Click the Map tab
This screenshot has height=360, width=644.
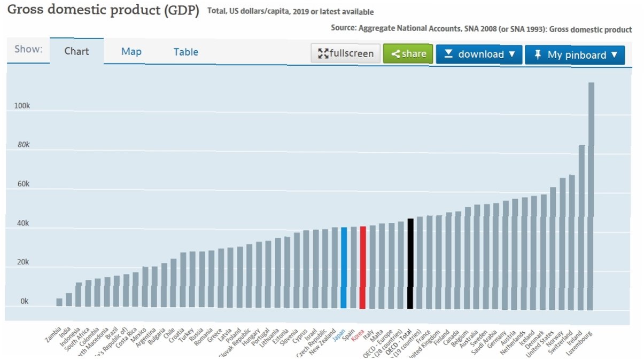pos(131,52)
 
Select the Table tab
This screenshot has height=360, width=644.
pos(185,52)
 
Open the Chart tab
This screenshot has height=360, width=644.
pos(76,52)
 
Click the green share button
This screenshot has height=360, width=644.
pos(408,54)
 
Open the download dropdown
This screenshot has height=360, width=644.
pos(479,54)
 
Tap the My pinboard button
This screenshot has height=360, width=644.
pos(575,55)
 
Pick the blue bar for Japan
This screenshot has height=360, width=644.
pos(344,267)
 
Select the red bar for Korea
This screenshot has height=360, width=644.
pos(362,267)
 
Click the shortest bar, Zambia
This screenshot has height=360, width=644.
pos(59,302)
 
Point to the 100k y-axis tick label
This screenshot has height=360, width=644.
pos(22,106)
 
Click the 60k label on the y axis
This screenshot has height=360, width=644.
pos(24,184)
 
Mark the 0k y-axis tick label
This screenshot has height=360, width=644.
pos(25,301)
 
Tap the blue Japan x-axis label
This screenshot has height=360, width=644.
pos(339,334)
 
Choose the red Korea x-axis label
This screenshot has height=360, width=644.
pos(358,334)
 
